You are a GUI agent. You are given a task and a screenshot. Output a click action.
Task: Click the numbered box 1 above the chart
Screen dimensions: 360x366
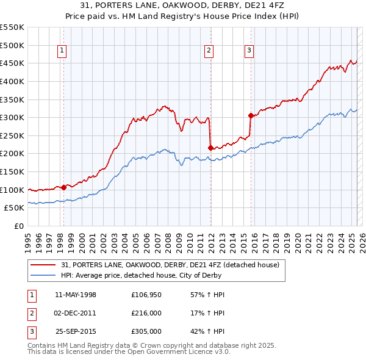click(63, 51)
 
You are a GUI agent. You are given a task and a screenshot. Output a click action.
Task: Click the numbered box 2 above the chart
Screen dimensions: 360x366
click(209, 51)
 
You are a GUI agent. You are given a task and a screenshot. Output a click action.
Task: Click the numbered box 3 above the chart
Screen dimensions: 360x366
click(249, 51)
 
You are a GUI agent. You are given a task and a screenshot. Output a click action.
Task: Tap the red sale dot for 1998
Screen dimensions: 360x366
click(63, 187)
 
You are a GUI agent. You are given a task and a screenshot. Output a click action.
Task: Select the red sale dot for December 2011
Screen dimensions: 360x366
click(210, 148)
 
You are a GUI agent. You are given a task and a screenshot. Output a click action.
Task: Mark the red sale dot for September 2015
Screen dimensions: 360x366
click(251, 115)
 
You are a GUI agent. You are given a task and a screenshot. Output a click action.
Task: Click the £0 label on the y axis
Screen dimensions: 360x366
click(18, 226)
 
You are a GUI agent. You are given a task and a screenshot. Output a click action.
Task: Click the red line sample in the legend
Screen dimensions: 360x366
click(43, 265)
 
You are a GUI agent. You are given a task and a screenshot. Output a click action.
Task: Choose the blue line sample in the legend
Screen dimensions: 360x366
click(43, 275)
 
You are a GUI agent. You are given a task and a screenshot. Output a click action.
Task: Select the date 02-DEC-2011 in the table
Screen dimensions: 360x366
click(76, 313)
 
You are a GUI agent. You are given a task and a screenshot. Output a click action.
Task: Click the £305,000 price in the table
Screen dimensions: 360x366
click(146, 331)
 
